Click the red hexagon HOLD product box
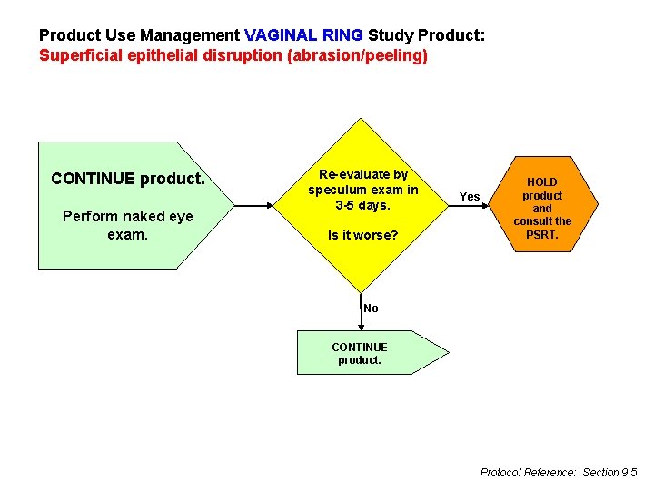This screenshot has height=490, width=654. pyautogui.click(x=542, y=209)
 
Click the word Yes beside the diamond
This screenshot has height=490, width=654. pyautogui.click(x=470, y=197)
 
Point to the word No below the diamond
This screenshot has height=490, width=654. pyautogui.click(x=371, y=309)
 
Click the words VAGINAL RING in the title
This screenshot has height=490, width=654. pyautogui.click(x=303, y=35)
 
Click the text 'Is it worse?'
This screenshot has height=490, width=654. pyautogui.click(x=362, y=236)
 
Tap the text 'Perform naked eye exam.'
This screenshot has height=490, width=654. pyautogui.click(x=115, y=225)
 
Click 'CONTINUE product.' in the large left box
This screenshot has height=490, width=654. pyautogui.click(x=128, y=179)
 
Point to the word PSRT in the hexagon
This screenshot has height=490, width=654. pyautogui.click(x=542, y=235)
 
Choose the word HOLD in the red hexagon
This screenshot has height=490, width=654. pyautogui.click(x=542, y=182)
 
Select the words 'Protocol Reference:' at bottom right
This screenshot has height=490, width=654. pyautogui.click(x=528, y=472)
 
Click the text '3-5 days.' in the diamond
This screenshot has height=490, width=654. pyautogui.click(x=362, y=205)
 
